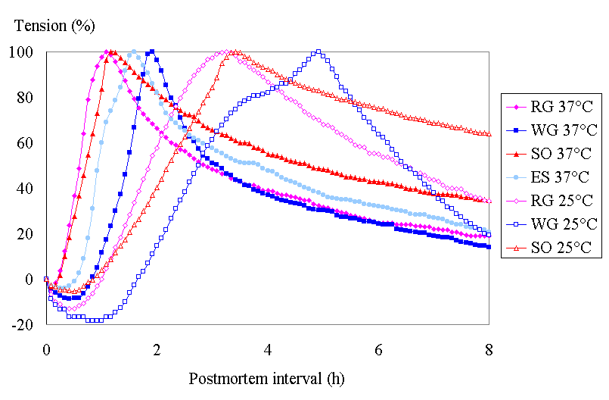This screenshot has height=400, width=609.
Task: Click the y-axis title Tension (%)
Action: [54, 26]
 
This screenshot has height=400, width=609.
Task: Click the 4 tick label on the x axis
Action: [268, 351]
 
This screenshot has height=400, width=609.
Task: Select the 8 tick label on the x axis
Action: [489, 351]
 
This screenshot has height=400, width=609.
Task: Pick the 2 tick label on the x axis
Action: [157, 351]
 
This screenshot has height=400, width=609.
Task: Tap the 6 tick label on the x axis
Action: [379, 351]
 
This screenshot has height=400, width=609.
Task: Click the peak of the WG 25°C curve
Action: [318, 52]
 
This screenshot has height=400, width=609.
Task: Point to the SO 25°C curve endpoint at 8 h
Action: [489, 134]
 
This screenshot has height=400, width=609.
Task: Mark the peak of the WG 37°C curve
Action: [152, 52]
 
